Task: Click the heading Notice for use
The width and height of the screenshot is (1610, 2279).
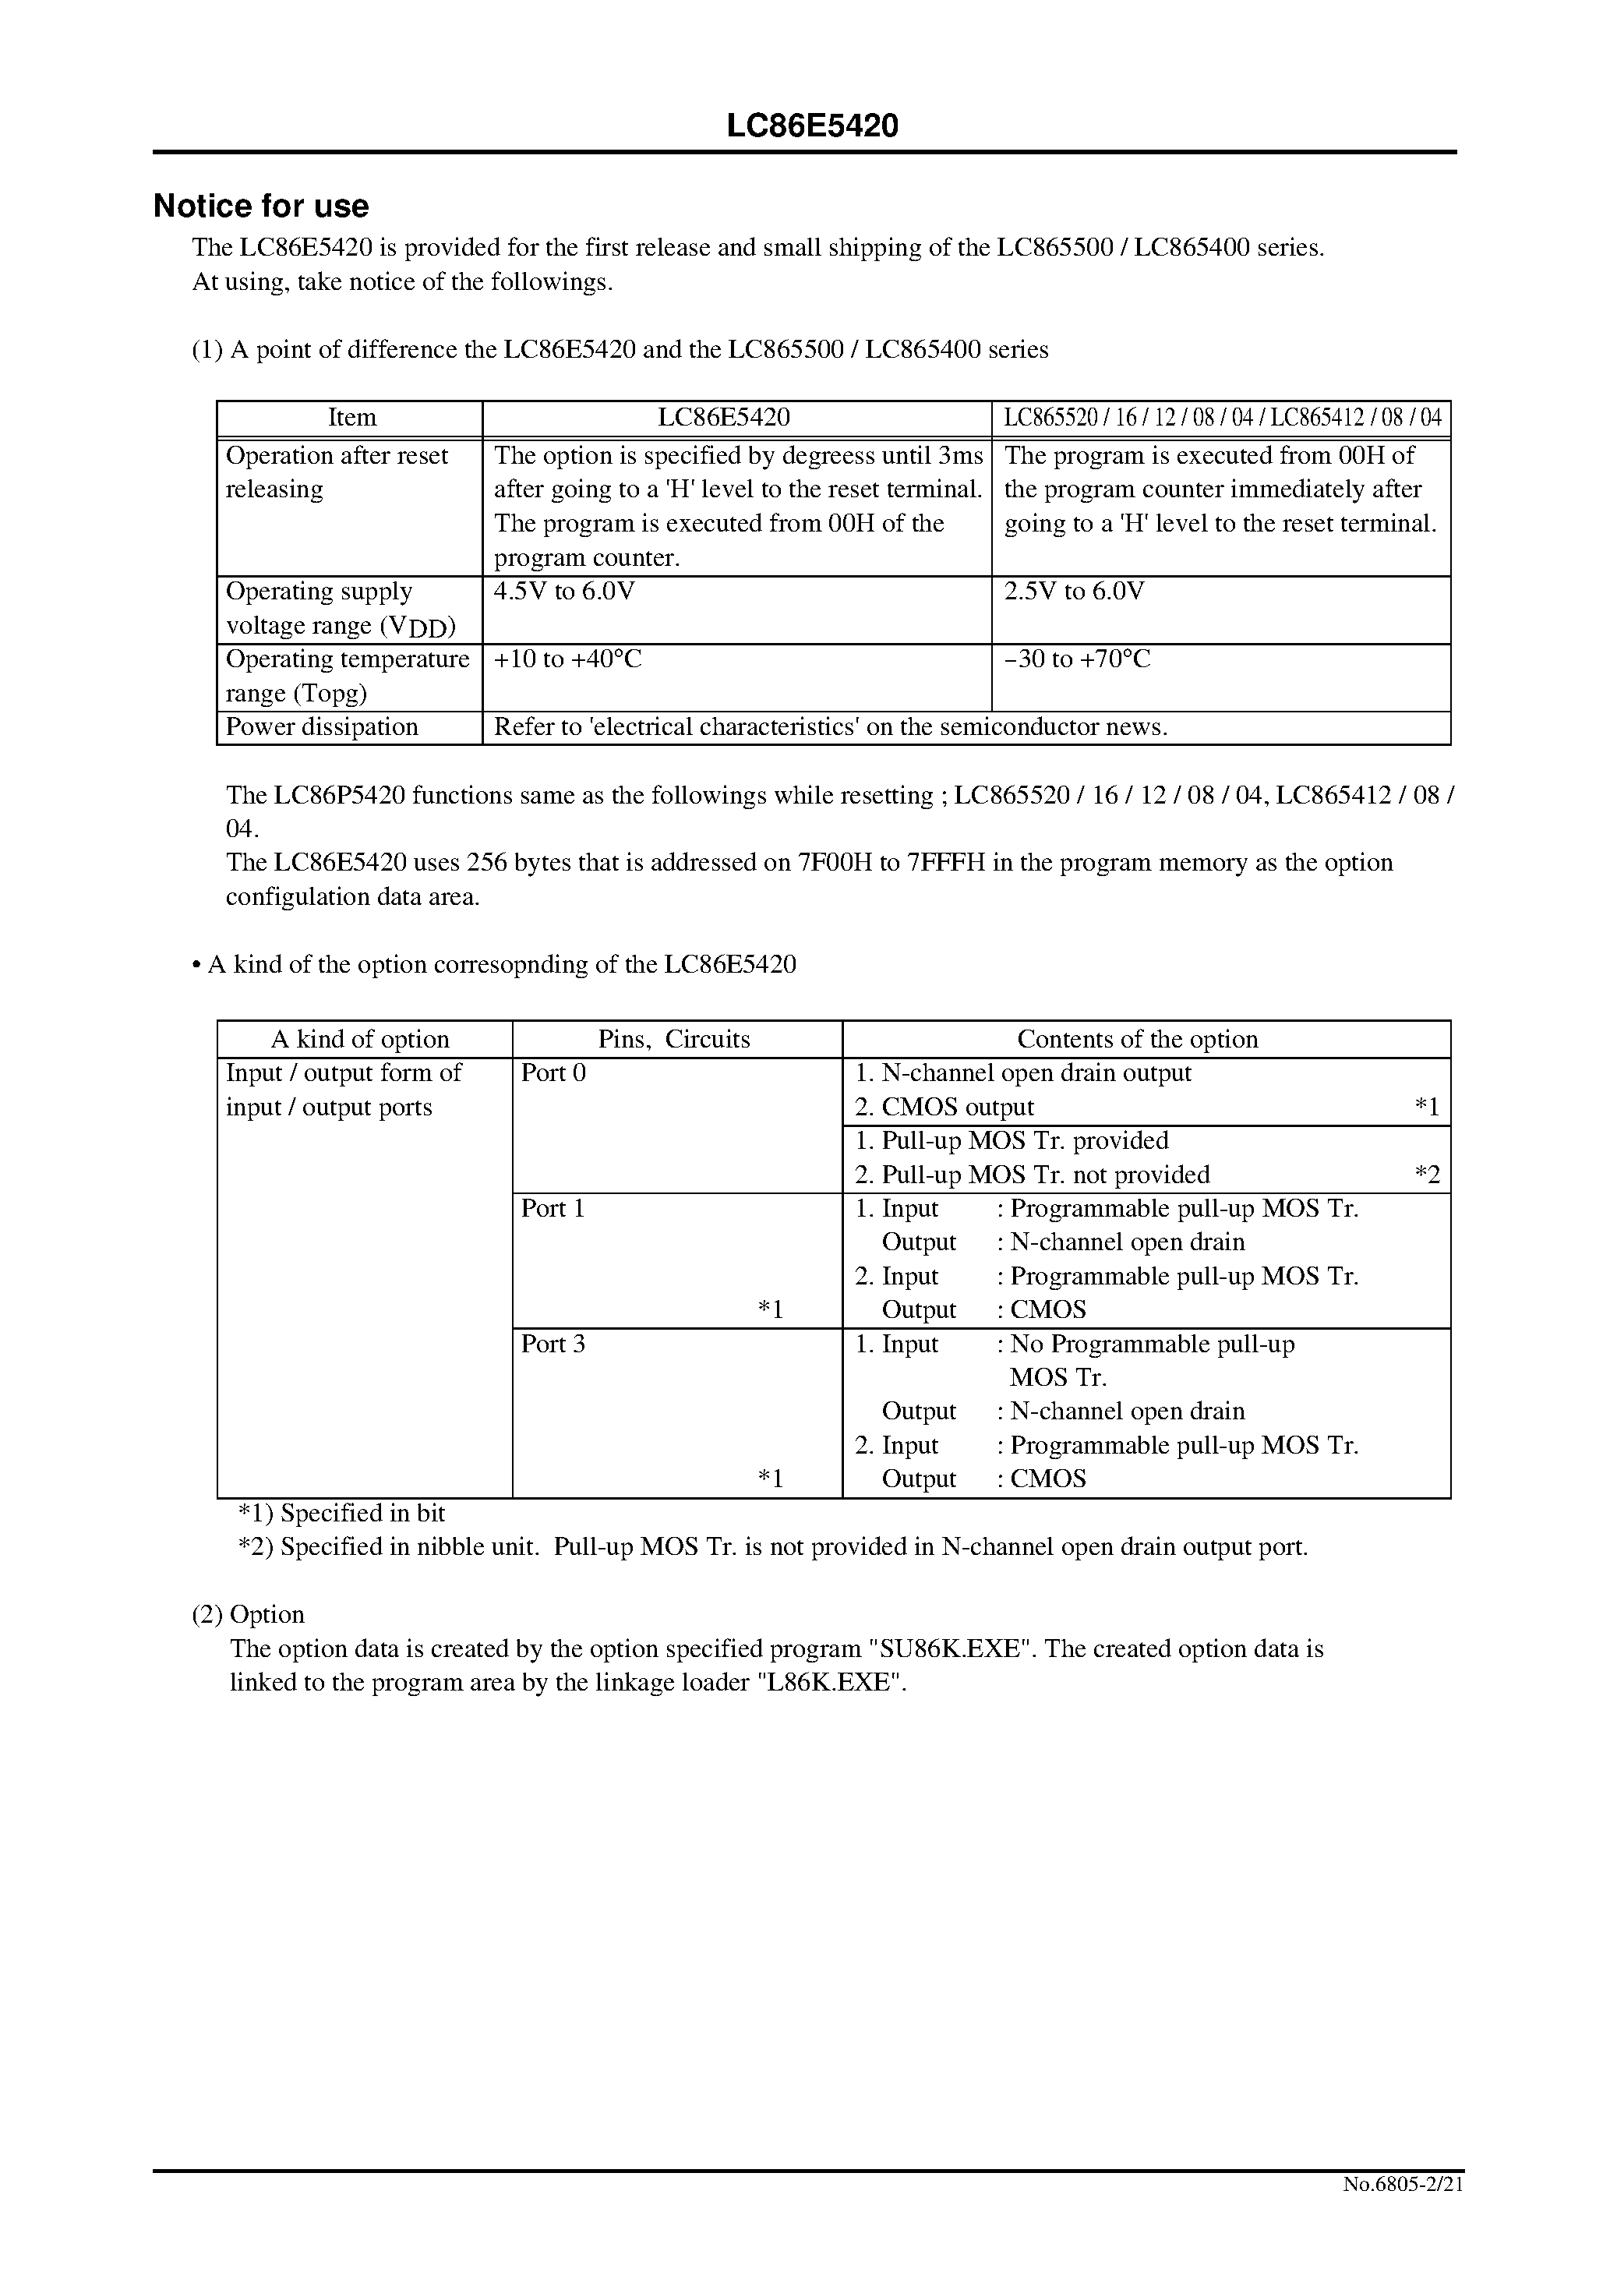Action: point(261,207)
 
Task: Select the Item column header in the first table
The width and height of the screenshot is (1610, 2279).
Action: point(352,418)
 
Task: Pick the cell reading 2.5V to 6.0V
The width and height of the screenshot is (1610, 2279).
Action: point(1074,592)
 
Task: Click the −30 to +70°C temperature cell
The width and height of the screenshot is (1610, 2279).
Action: point(1077,659)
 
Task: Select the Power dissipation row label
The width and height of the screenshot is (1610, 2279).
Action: point(322,726)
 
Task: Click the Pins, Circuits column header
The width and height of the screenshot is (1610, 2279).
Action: point(674,1039)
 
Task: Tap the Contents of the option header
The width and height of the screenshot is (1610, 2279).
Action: point(1138,1039)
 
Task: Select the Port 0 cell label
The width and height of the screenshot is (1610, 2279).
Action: point(554,1073)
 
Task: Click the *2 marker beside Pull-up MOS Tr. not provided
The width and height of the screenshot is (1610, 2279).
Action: point(1426,1175)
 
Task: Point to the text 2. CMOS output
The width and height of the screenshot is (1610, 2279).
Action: point(944,1107)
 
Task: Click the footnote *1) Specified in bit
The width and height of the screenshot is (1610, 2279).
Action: point(341,1513)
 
